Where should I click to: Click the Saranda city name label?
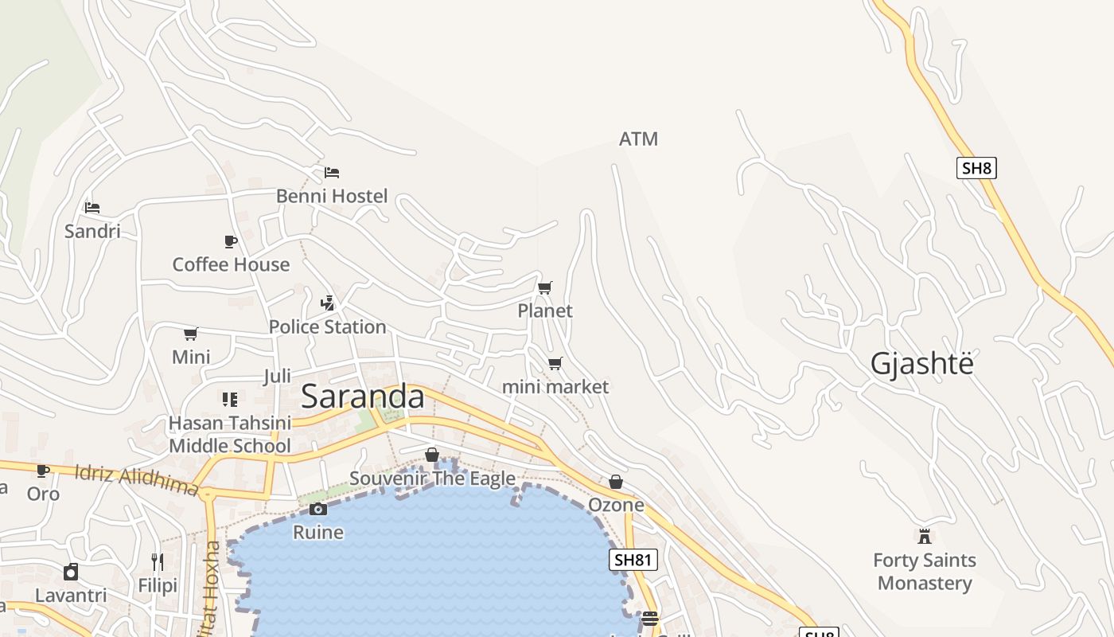(x=363, y=397)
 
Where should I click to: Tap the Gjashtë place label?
(x=921, y=364)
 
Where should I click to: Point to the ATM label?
(x=638, y=139)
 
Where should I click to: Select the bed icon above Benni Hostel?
(x=332, y=172)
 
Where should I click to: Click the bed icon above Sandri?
(x=92, y=208)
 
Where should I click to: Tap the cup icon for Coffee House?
(x=231, y=241)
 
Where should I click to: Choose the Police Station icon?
(x=327, y=303)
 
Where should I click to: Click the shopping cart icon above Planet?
(x=545, y=287)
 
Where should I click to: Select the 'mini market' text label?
(x=555, y=387)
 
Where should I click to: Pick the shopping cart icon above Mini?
(x=191, y=334)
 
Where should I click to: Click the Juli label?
(x=277, y=376)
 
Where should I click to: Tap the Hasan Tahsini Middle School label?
(x=230, y=435)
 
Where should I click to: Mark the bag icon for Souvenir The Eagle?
(x=432, y=455)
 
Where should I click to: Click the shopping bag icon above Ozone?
(x=616, y=482)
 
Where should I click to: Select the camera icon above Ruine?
(x=318, y=509)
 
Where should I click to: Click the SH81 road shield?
(x=633, y=560)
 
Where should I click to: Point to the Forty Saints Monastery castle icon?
(x=925, y=536)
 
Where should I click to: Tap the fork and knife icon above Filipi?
(x=158, y=562)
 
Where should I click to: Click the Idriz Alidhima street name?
(x=135, y=480)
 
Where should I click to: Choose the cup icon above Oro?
(x=43, y=471)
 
